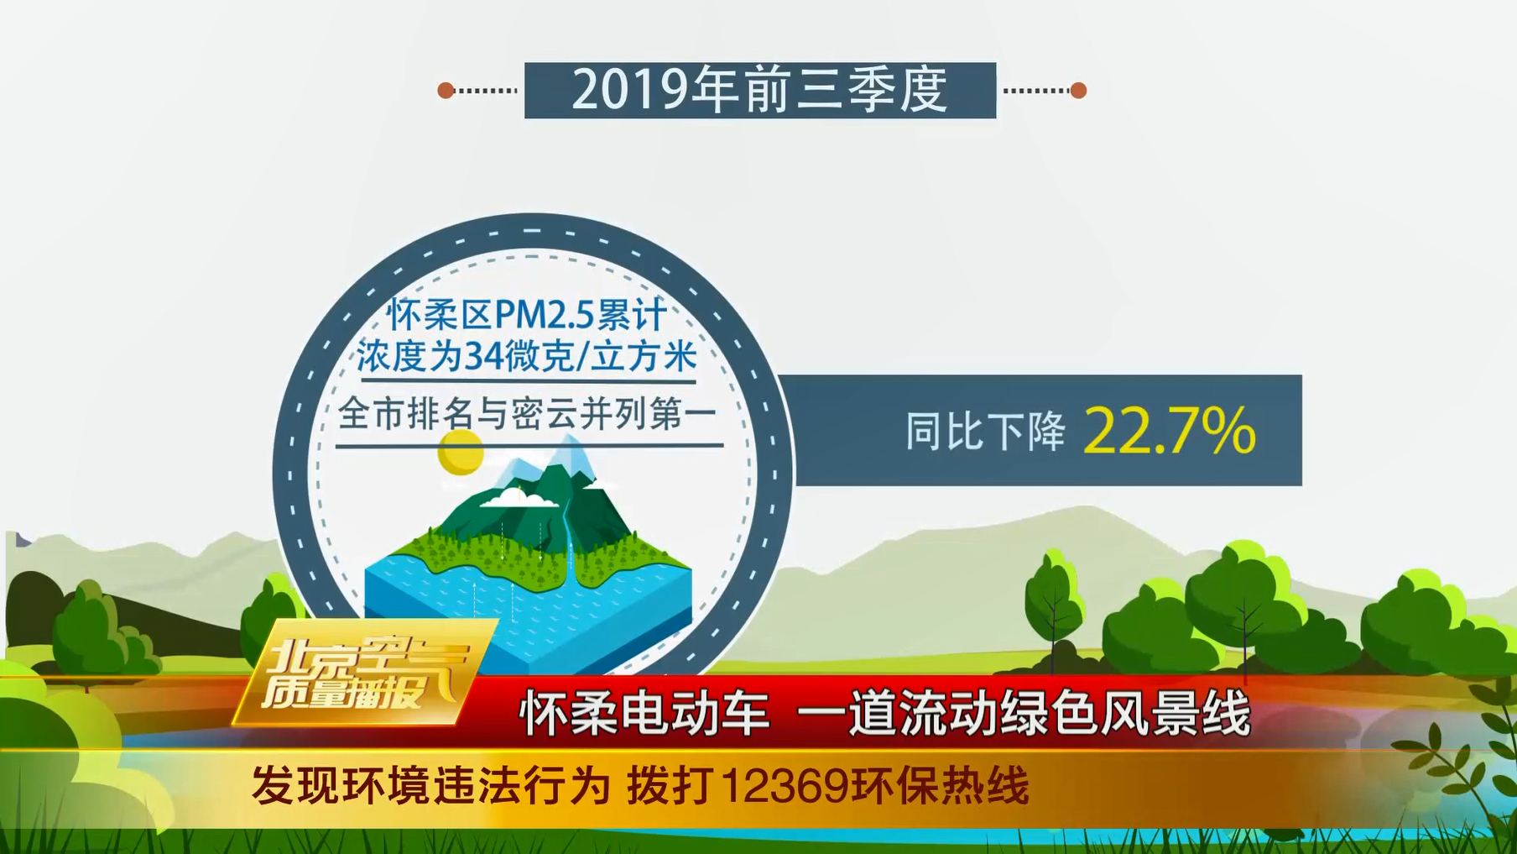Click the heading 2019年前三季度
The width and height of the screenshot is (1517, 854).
(x=759, y=90)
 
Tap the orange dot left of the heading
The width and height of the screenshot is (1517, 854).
(x=446, y=90)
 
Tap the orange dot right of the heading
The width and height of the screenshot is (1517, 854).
(x=1078, y=90)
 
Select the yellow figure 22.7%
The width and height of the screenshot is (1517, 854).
(x=1170, y=432)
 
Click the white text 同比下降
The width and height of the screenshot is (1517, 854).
(x=985, y=432)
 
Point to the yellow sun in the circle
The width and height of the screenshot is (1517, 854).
(x=461, y=452)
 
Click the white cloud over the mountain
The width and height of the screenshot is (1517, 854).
(x=518, y=498)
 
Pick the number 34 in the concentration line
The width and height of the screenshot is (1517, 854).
(x=484, y=356)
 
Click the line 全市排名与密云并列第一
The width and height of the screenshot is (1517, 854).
(x=528, y=414)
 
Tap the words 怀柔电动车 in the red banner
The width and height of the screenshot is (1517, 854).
(x=644, y=715)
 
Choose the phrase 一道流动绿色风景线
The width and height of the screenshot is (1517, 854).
(x=1024, y=715)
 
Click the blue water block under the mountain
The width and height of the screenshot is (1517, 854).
(x=529, y=613)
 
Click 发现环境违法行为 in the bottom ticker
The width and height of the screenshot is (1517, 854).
(x=431, y=787)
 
